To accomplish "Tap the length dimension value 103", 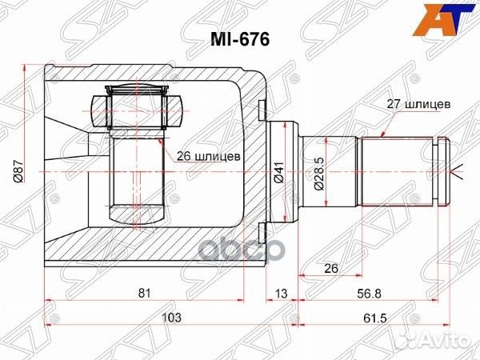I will coord(170,318).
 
